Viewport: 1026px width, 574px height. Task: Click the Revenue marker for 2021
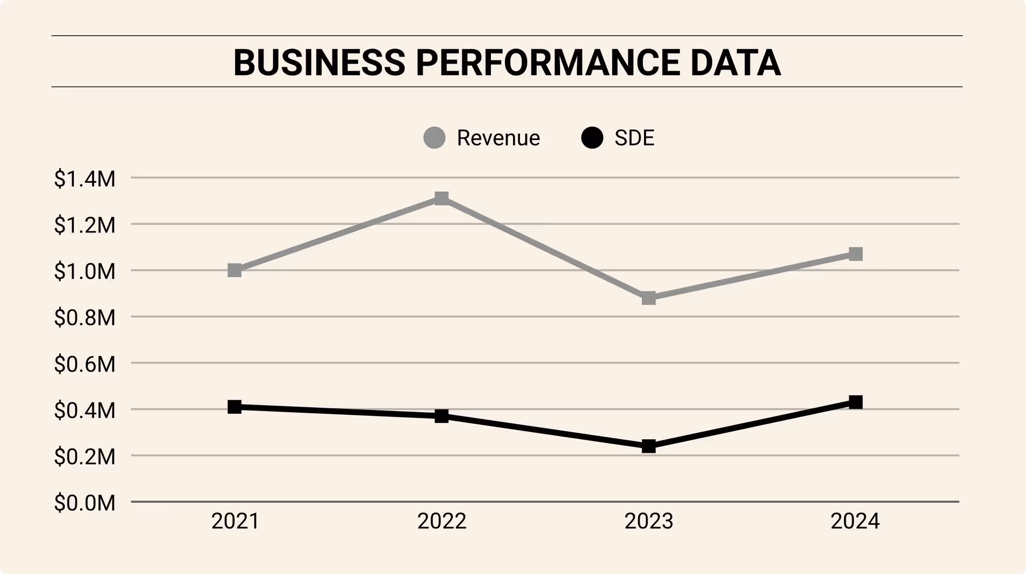tap(235, 270)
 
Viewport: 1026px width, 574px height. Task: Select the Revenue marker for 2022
tap(441, 199)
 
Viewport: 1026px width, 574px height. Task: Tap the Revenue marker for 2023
tap(649, 298)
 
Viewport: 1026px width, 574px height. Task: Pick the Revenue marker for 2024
tap(856, 254)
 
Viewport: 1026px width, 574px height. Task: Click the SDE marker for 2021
tap(235, 407)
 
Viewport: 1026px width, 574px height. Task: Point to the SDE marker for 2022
tap(441, 416)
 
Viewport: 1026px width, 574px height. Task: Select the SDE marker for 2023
tap(649, 446)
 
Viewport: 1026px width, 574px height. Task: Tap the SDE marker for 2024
tap(856, 402)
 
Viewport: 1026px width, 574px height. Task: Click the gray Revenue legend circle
tap(434, 138)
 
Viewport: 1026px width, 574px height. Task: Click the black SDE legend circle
tap(592, 138)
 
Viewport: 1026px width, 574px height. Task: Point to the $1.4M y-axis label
tap(84, 179)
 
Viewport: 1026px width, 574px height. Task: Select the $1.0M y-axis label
tap(84, 272)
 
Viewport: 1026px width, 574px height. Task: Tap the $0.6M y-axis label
tap(84, 364)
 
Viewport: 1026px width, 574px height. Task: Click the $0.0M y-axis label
tap(84, 503)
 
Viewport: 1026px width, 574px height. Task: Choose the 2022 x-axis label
tap(442, 521)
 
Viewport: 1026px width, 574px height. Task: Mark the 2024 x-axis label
tap(855, 521)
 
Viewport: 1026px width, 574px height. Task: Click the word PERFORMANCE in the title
tap(548, 63)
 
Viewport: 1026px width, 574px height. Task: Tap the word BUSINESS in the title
tap(320, 63)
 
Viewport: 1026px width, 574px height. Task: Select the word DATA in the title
tap(735, 63)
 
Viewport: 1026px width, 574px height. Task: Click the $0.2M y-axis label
tap(84, 457)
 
